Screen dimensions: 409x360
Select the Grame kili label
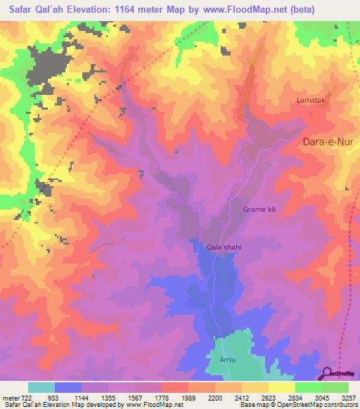click(259, 209)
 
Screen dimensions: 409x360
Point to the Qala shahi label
click(225, 247)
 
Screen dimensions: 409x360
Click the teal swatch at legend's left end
click(41, 387)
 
